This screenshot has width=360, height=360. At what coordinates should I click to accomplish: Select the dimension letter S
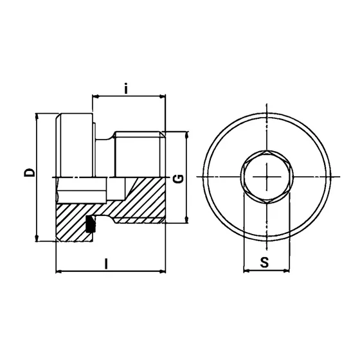click(264, 262)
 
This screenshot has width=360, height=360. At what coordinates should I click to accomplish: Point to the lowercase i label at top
click(127, 89)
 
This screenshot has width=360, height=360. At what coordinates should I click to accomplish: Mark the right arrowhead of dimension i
click(163, 97)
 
